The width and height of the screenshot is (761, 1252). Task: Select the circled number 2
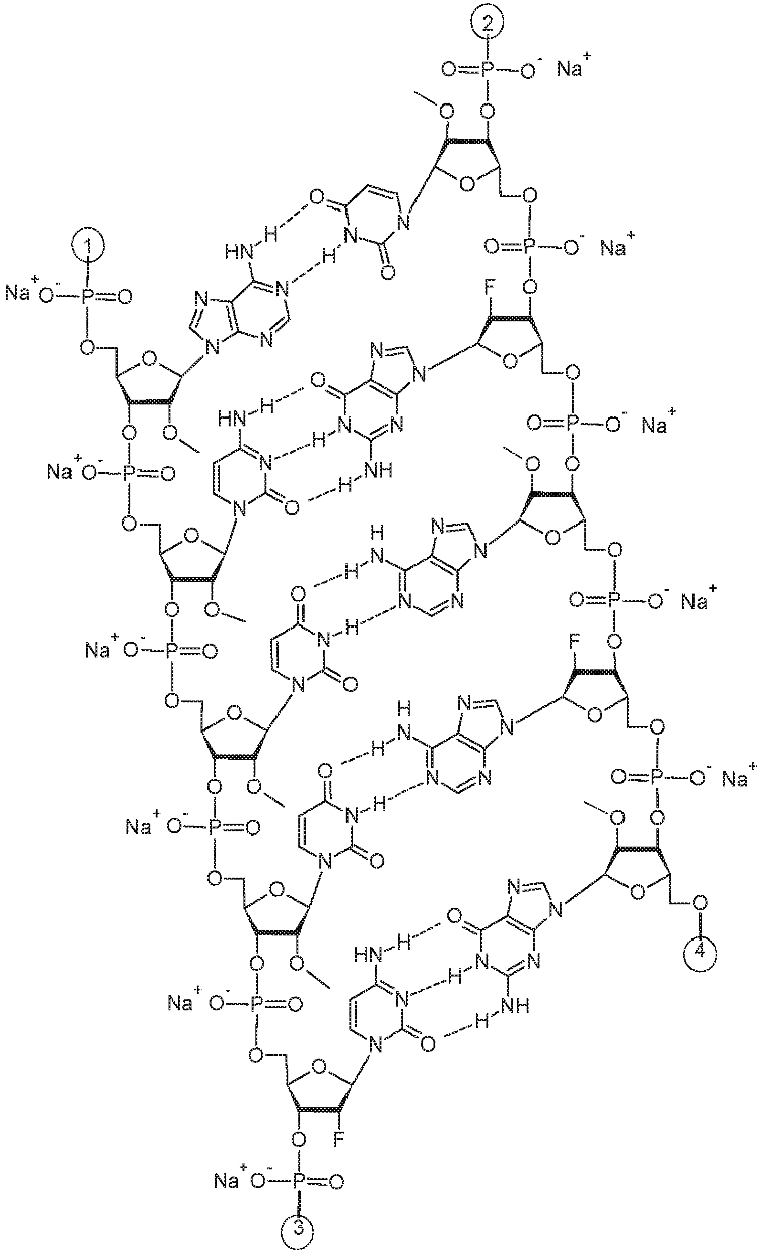(486, 23)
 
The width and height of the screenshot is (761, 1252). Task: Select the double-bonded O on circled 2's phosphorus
(449, 70)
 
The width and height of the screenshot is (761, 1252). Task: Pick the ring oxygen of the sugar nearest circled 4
(639, 891)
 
